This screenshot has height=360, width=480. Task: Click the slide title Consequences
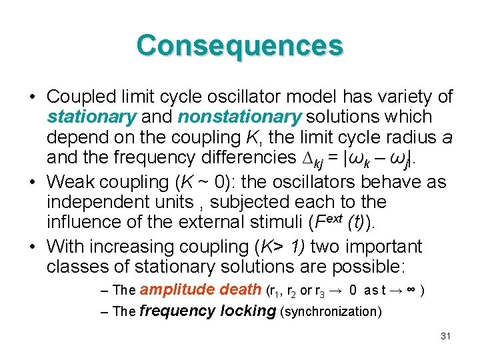coord(240,46)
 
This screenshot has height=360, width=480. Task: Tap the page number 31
coord(446,336)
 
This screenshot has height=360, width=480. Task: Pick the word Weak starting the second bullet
coord(69,181)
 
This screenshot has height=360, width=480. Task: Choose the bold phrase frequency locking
coord(208,311)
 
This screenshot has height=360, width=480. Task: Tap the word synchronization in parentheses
coord(331,312)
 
